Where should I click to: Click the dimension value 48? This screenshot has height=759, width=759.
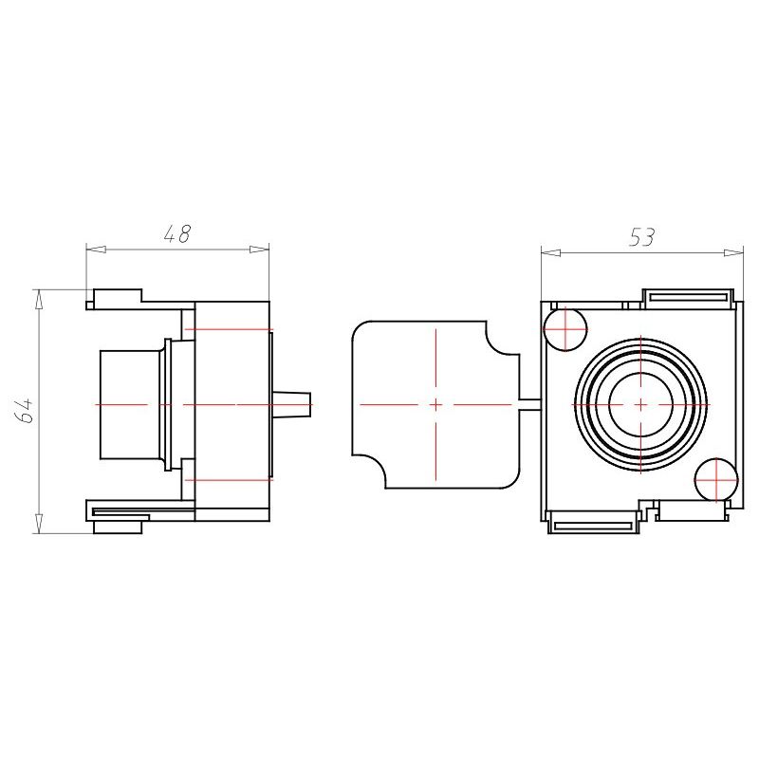coord(177,233)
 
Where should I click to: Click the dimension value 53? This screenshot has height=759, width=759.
coord(642,237)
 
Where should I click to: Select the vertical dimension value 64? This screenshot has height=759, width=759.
coord(25,411)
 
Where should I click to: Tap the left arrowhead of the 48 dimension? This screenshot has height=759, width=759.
coord(96,250)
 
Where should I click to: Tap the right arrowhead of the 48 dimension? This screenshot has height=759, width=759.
coord(259,250)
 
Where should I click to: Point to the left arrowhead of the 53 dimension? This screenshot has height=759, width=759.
coord(551,252)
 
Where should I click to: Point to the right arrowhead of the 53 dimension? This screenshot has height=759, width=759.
coord(733,252)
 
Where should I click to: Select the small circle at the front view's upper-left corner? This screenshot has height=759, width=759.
coord(565,329)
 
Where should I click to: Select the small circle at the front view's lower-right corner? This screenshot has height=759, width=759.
coord(716,480)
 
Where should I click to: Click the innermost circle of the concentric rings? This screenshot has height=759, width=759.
coord(641,404)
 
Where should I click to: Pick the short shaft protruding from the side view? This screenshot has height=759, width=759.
coord(290,404)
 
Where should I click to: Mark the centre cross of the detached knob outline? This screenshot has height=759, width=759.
coord(435,404)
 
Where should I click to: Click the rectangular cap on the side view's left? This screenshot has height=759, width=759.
coord(130,404)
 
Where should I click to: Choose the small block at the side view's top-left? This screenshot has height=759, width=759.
coord(118,296)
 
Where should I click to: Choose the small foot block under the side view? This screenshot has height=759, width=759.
coord(118,528)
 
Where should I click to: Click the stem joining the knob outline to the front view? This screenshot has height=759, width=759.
coord(530,404)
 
